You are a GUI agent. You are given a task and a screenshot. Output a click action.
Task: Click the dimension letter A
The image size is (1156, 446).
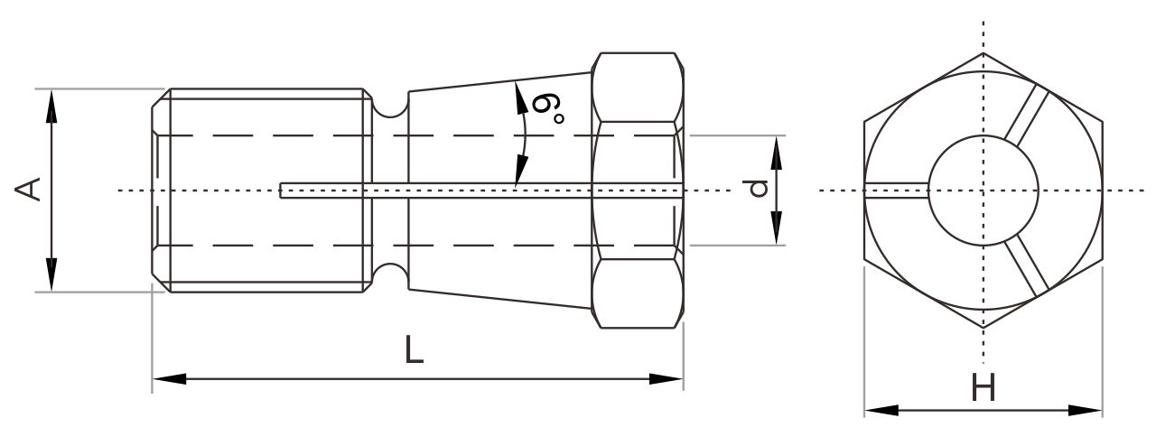28,189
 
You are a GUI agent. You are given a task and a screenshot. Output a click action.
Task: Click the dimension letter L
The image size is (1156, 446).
414,350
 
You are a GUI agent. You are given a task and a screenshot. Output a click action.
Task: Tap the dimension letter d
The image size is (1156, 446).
759,189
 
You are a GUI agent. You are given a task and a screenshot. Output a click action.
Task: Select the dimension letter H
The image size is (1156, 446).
984,387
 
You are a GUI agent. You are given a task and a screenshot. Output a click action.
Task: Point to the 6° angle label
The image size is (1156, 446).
547,109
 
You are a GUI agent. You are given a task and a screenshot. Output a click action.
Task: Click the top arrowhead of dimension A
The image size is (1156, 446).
51,107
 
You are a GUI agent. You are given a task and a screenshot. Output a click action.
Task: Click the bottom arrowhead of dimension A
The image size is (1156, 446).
51,274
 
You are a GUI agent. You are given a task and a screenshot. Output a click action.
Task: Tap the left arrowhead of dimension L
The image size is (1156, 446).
170,379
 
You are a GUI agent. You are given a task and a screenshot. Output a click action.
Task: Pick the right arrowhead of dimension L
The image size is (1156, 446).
667,379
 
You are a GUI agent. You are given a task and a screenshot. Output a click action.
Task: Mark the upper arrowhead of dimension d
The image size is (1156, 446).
777,153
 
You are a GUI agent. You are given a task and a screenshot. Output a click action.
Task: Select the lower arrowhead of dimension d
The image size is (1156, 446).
777,228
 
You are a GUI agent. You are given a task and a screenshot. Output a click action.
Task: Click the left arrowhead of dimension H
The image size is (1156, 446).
881,411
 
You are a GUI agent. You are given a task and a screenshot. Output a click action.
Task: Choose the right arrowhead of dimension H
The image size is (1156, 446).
1086,411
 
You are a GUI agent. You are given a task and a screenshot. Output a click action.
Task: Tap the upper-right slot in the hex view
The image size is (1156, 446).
1027,117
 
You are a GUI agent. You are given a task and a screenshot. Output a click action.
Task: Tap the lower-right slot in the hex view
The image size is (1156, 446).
1027,268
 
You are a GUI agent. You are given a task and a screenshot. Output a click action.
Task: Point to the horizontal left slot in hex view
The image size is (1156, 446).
897,190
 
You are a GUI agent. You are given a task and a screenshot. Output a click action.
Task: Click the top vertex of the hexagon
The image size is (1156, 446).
984,53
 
